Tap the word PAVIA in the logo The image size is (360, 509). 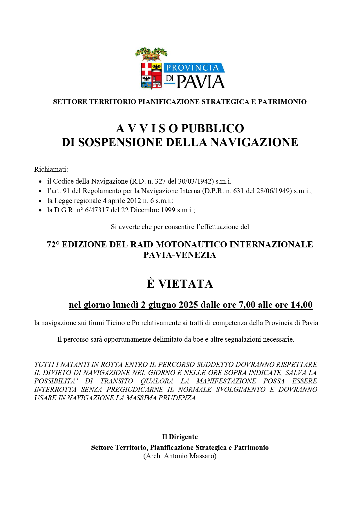coord(200,82)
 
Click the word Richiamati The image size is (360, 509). coord(51,169)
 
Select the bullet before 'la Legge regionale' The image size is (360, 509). coord(40,201)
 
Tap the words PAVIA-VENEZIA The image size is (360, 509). coord(180,255)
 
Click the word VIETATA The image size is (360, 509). coord(186,284)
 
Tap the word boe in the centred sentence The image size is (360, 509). coord(198,339)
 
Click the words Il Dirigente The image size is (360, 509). coord(180,437)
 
